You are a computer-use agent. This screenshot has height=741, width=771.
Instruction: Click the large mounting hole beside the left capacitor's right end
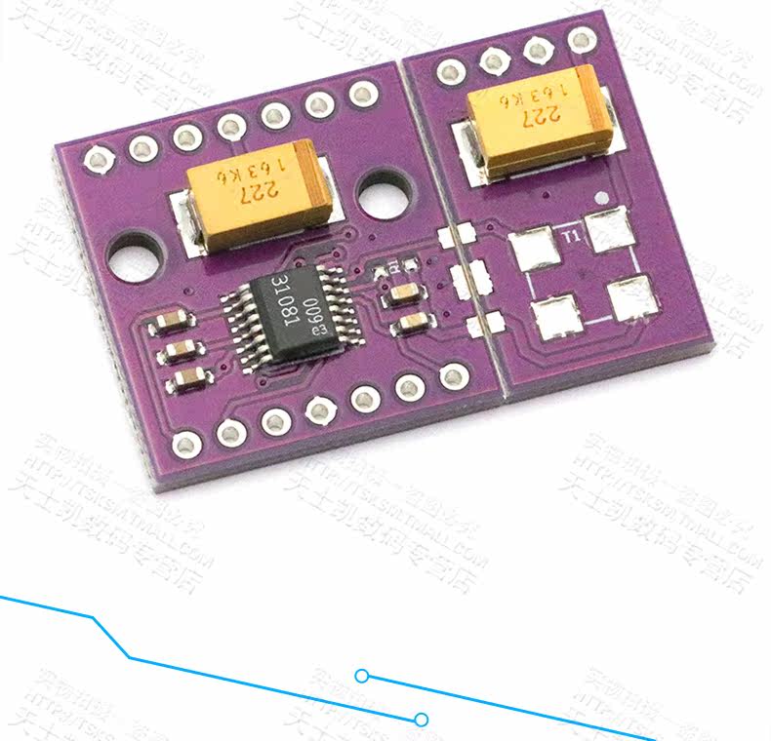click(384, 193)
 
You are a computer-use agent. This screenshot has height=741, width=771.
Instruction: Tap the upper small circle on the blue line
click(362, 676)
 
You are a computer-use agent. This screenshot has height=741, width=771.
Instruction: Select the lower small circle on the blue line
click(422, 720)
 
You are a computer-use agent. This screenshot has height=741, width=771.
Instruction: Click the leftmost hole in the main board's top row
click(97, 157)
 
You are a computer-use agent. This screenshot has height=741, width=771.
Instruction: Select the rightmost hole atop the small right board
click(581, 40)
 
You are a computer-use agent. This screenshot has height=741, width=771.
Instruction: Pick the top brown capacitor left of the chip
click(172, 324)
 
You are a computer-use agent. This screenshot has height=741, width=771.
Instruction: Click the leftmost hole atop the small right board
click(451, 70)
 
